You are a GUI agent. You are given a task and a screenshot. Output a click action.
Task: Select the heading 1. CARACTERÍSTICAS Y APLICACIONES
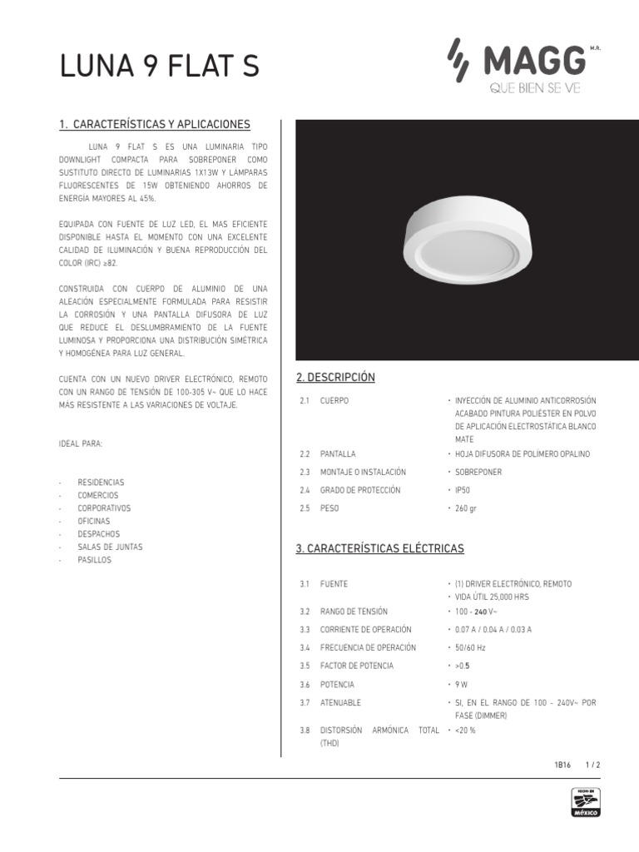pos(155,125)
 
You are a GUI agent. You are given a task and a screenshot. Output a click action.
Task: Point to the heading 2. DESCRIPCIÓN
pos(335,378)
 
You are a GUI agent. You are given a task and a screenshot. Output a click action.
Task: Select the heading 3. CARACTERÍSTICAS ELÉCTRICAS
pos(380,549)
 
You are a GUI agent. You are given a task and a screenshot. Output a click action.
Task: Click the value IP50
pos(463,489)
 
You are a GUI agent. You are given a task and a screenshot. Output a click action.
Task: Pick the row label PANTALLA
pos(338,454)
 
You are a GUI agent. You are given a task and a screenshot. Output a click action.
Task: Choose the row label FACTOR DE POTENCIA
pos(357,666)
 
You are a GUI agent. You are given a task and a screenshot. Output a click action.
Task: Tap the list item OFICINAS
pos(98,521)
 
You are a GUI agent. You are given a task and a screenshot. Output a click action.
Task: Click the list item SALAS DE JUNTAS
pos(110,547)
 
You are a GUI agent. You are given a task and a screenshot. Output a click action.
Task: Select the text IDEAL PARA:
pos(82,443)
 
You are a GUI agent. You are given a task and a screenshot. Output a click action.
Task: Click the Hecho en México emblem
pos(585,804)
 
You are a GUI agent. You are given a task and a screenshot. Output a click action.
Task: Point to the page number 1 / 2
pos(593,764)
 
